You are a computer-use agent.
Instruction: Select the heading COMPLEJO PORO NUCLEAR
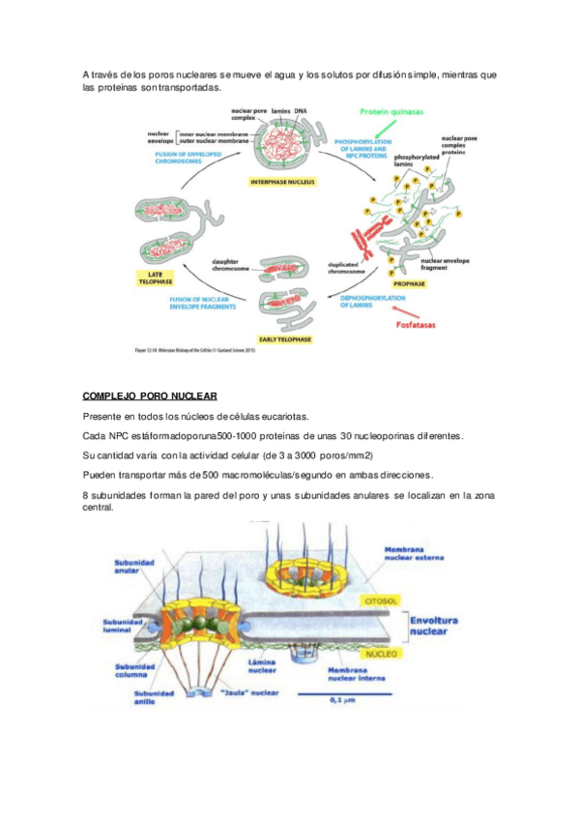click(x=150, y=396)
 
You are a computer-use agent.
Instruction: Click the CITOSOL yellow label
click(x=379, y=600)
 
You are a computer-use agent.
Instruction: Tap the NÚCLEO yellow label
click(x=383, y=653)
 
